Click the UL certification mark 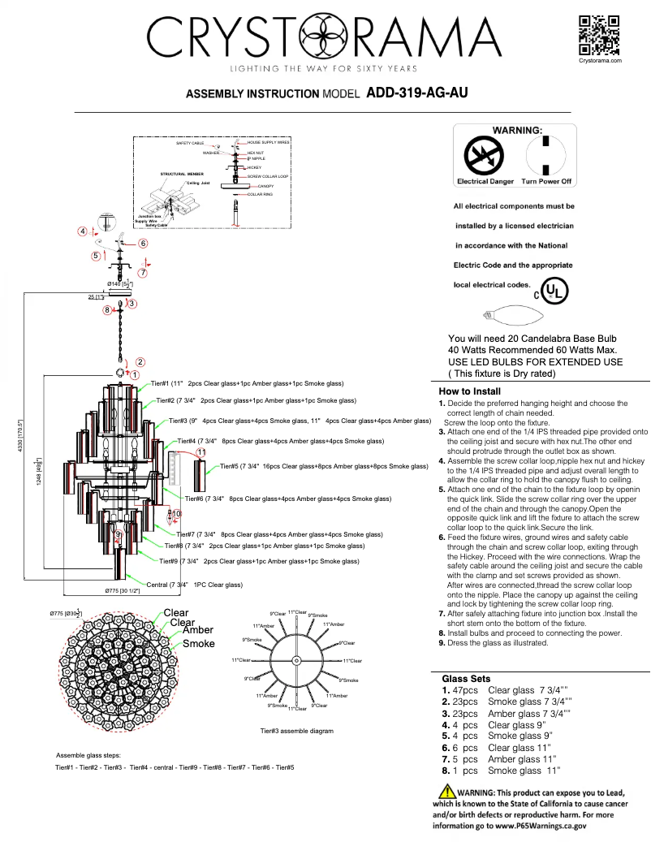point(551,290)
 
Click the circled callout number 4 point(83,231)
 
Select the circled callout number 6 point(143,243)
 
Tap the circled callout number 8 point(106,309)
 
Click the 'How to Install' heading point(469,391)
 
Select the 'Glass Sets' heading point(466,678)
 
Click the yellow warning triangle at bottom point(446,792)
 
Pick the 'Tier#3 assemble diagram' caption point(296,731)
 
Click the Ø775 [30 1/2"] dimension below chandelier point(123,591)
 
